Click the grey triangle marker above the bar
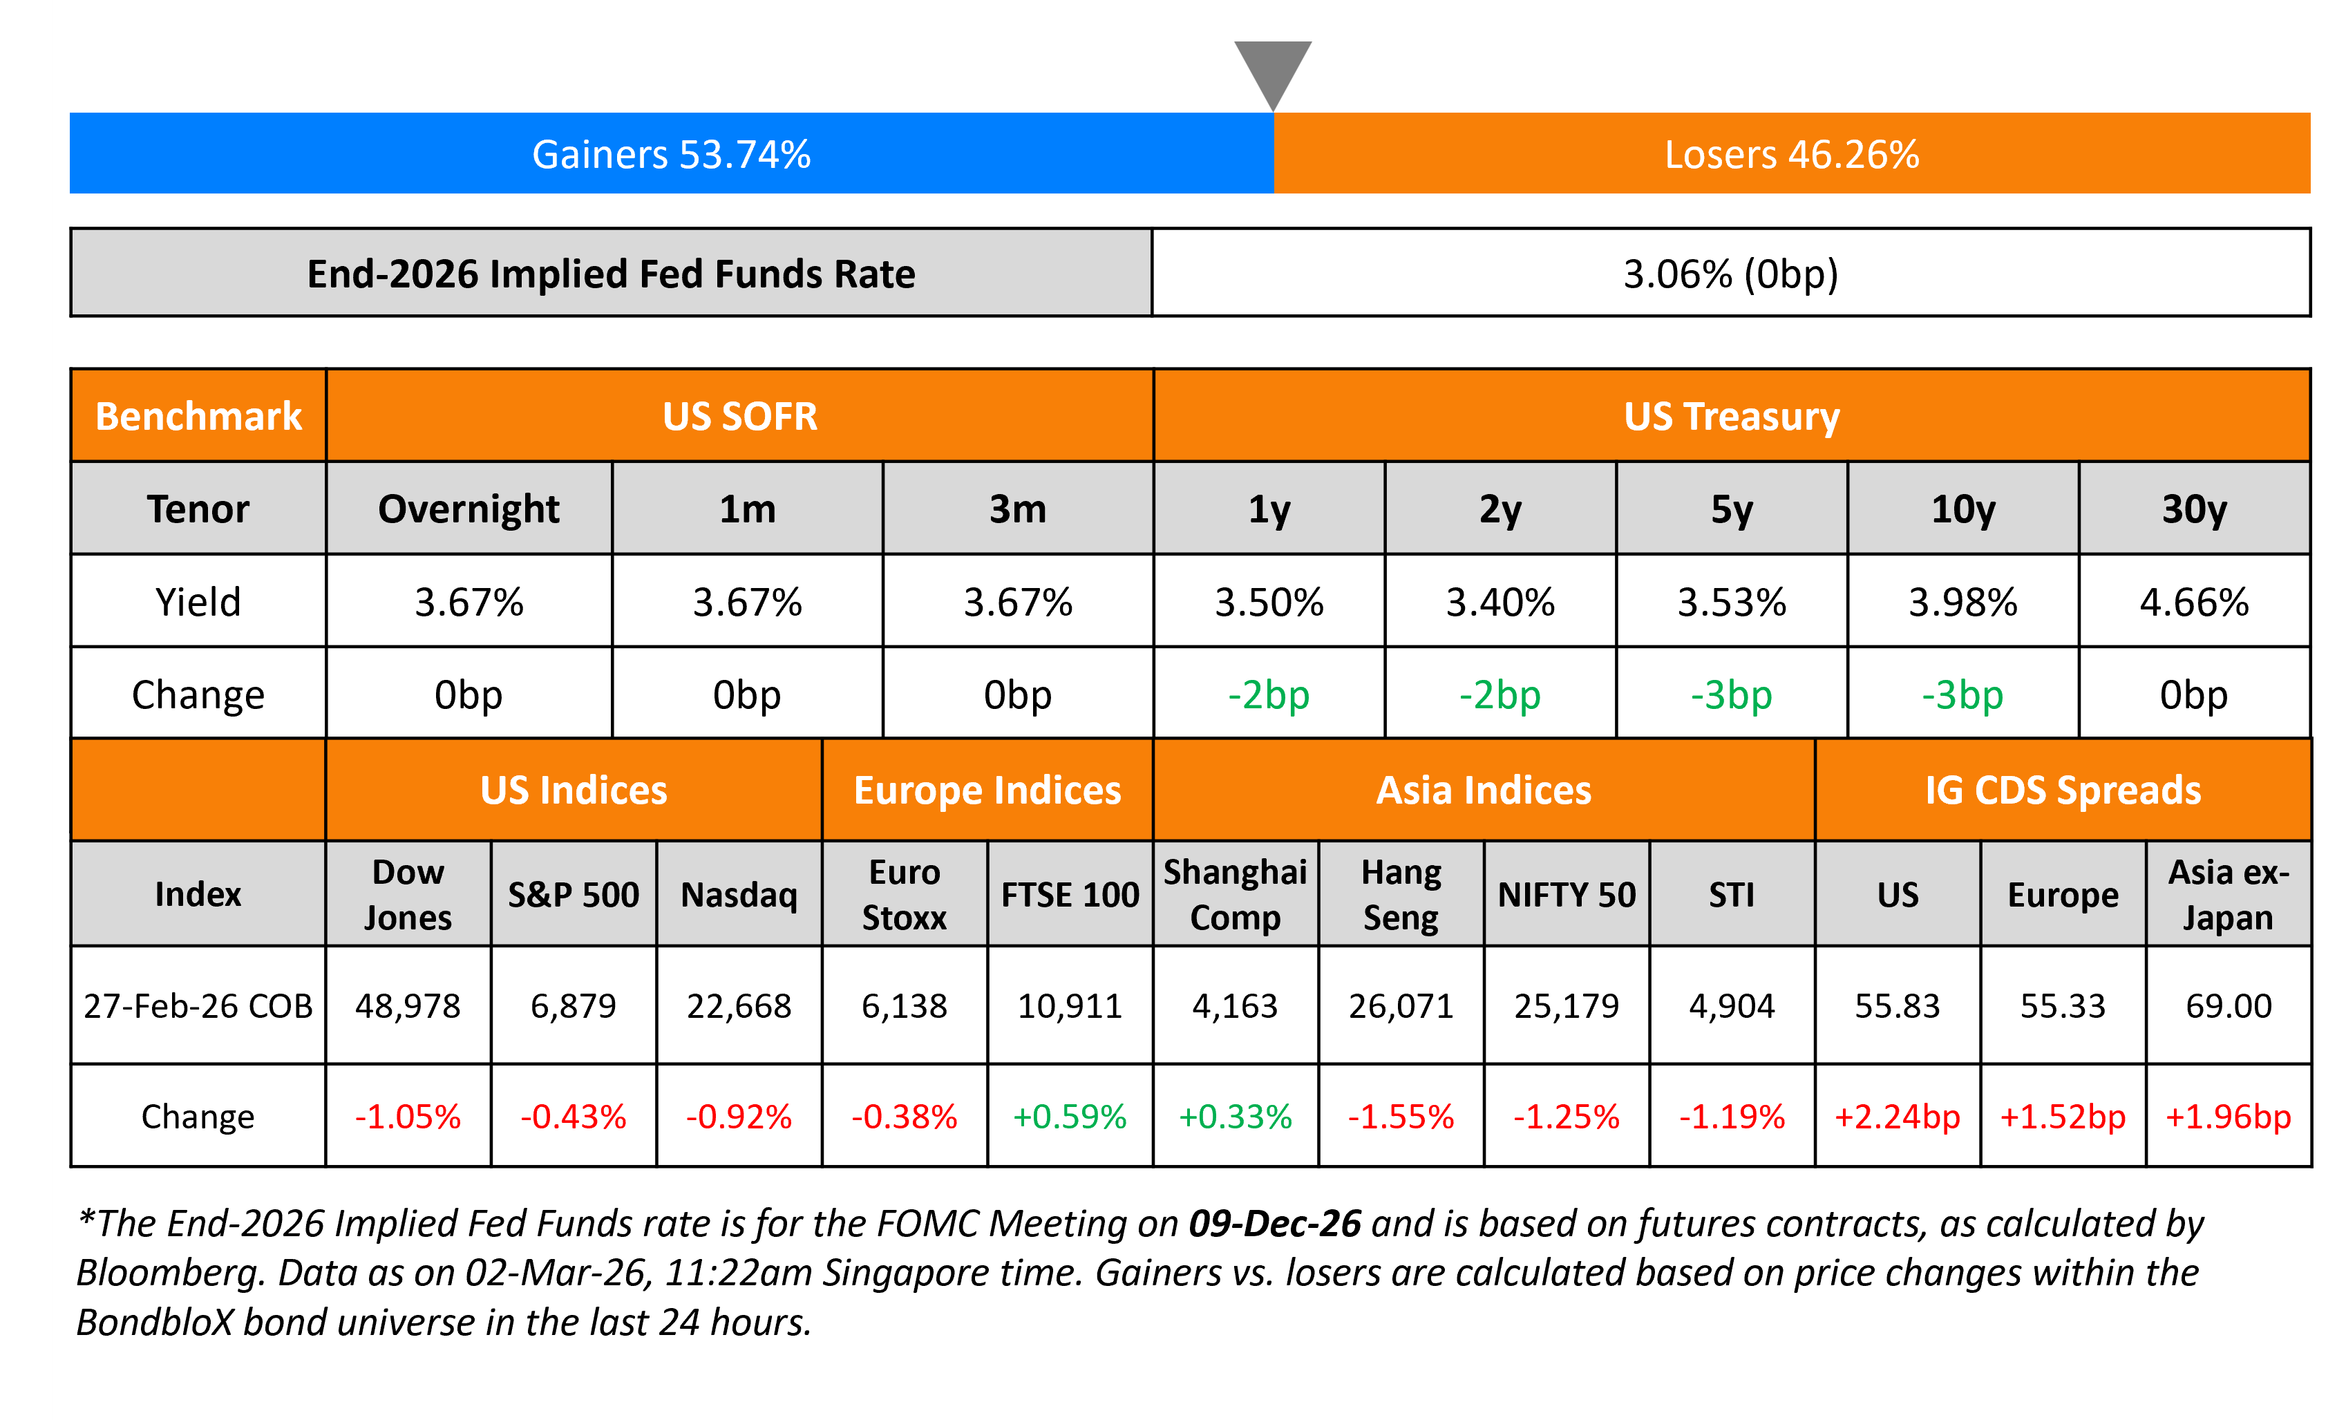pyautogui.click(x=1273, y=68)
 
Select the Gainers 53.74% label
pyautogui.click(x=671, y=154)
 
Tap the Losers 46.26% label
pyautogui.click(x=1791, y=154)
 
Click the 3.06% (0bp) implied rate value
pyautogui.click(x=1730, y=274)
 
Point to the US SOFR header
pyautogui.click(x=740, y=416)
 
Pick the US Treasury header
pyautogui.click(x=1731, y=416)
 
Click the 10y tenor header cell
pyautogui.click(x=1962, y=509)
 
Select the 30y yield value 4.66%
pyautogui.click(x=2194, y=602)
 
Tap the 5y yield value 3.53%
pyautogui.click(x=1731, y=602)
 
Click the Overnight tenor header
pyautogui.click(x=469, y=509)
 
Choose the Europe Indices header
pyautogui.click(x=987, y=791)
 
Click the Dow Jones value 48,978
pyautogui.click(x=408, y=1005)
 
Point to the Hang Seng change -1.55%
pyautogui.click(x=1401, y=1116)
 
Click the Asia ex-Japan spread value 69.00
pyautogui.click(x=2228, y=1005)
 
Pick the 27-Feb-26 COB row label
pyautogui.click(x=198, y=1005)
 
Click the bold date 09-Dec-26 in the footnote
pyautogui.click(x=1274, y=1224)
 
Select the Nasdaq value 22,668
pyautogui.click(x=739, y=1005)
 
